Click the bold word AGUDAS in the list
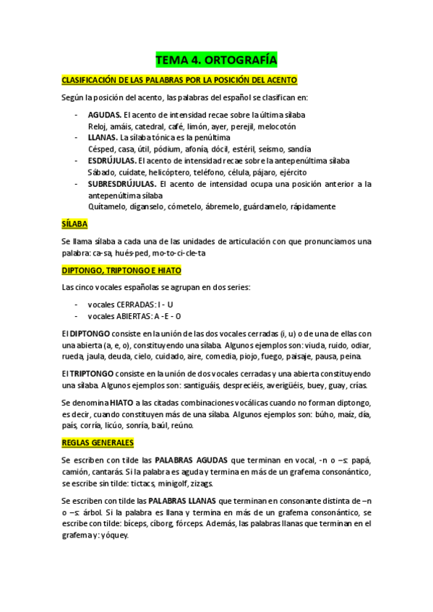pos(104,115)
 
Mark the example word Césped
pos(102,149)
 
